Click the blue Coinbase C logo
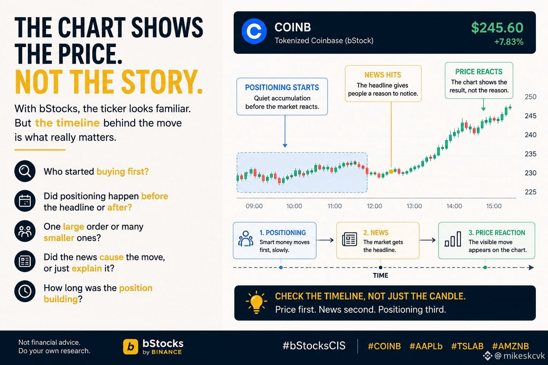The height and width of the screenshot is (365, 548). click(x=254, y=31)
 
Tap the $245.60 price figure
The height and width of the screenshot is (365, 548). click(x=497, y=28)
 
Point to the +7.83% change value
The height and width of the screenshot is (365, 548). click(x=509, y=42)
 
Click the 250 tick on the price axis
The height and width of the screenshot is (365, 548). click(x=531, y=97)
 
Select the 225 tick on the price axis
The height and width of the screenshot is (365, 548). click(x=531, y=192)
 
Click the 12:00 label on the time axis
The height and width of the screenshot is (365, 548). click(x=374, y=206)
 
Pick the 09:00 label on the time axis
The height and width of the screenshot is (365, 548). click(x=254, y=206)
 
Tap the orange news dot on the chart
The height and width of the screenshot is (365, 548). click(x=391, y=171)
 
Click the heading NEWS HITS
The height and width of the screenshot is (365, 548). click(x=383, y=75)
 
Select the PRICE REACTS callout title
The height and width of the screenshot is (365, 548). click(x=479, y=72)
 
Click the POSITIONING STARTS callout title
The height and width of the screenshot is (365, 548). click(x=282, y=88)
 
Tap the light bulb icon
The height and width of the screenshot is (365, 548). click(x=256, y=302)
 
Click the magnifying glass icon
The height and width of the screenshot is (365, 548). click(x=25, y=171)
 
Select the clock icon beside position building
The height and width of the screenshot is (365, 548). click(x=25, y=291)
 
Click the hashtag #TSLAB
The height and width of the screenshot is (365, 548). click(x=467, y=346)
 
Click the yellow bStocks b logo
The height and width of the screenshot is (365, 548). click(x=131, y=346)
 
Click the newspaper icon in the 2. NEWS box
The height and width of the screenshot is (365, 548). click(x=349, y=239)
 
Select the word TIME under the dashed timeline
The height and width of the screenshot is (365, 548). click(x=380, y=276)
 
